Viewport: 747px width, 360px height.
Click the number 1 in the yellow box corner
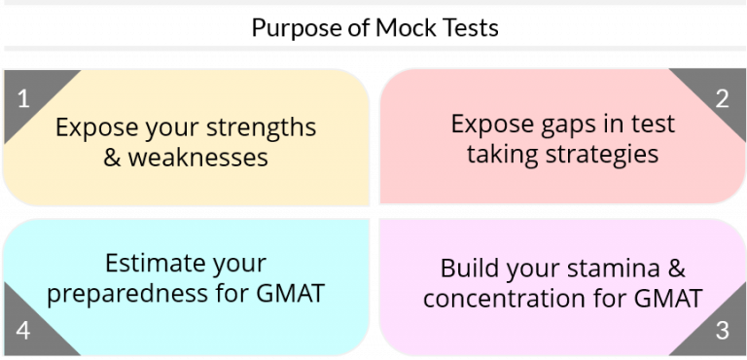(x=24, y=98)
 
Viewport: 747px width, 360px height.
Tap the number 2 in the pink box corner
(x=722, y=97)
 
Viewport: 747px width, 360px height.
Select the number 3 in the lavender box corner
(x=722, y=331)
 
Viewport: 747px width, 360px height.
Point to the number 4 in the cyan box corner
(x=24, y=331)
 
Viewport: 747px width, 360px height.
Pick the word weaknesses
(x=198, y=156)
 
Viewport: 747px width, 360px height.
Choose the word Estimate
(x=146, y=264)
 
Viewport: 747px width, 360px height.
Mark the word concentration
(x=502, y=297)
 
